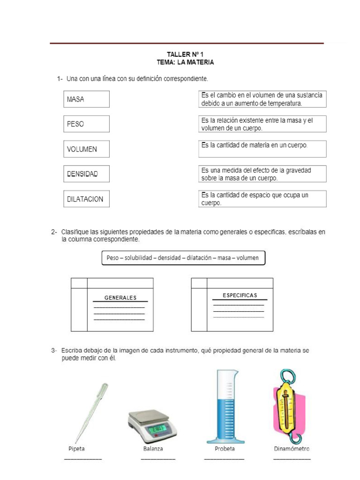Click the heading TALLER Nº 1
click(185, 54)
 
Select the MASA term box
click(86, 99)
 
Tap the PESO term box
click(86, 124)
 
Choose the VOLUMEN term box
click(86, 149)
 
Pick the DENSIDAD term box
click(86, 174)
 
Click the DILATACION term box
click(86, 199)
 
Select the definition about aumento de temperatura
click(262, 99)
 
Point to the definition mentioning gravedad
click(262, 174)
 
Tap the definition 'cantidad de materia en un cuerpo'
click(262, 149)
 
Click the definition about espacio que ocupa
click(262, 199)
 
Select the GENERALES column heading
click(120, 298)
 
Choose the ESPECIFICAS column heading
click(240, 295)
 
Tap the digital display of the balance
click(158, 429)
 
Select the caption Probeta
click(225, 449)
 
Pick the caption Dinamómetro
click(292, 449)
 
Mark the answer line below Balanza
click(158, 458)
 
